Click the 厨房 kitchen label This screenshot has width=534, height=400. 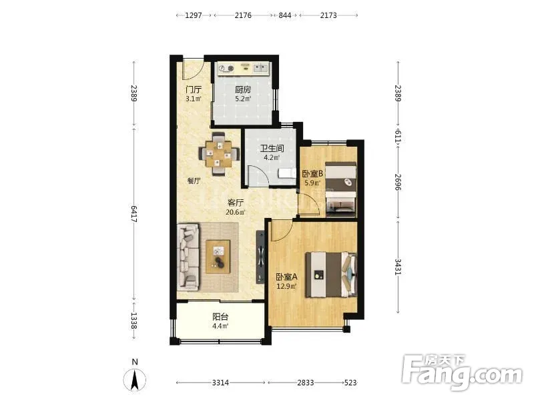(243, 89)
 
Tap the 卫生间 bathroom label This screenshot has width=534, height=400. (272, 149)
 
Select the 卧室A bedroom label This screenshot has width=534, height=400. (286, 277)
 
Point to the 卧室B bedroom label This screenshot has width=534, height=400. (312, 174)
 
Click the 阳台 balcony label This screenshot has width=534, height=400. (220, 317)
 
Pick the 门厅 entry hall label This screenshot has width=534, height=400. (194, 90)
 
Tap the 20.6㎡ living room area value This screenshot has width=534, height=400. (236, 212)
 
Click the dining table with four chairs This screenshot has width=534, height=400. (219, 155)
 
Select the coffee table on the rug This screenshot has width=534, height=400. (218, 257)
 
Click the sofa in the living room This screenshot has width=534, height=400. (188, 257)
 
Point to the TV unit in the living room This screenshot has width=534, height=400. (260, 257)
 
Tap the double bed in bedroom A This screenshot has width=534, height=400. (331, 275)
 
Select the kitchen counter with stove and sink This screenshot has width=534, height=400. (243, 69)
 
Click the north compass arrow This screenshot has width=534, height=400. (135, 378)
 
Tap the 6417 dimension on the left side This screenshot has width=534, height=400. (133, 214)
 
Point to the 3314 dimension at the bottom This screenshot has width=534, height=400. (220, 383)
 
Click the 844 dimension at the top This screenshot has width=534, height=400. (285, 15)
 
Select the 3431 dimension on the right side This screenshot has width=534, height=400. (398, 267)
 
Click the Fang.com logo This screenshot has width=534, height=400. (462, 373)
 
